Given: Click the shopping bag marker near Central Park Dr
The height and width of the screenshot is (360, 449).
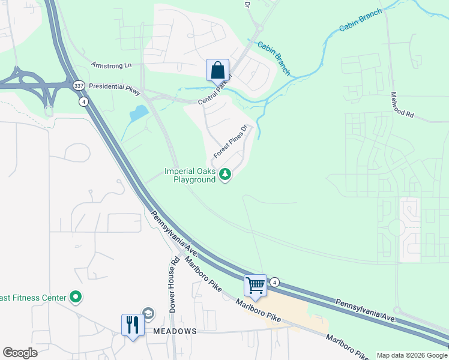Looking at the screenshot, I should pyautogui.click(x=217, y=70).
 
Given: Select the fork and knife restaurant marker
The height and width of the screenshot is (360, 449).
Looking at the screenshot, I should pyautogui.click(x=132, y=325).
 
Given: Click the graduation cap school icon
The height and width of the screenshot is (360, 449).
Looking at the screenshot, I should pyautogui.click(x=148, y=314).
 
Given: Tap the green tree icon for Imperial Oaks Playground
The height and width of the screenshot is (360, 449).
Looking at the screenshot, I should pyautogui.click(x=225, y=175).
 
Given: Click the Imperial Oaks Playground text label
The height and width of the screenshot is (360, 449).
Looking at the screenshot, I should pyautogui.click(x=190, y=175).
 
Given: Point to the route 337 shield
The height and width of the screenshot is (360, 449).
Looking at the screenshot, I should pyautogui.click(x=79, y=86).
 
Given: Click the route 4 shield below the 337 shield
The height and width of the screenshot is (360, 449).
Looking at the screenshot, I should pyautogui.click(x=82, y=101).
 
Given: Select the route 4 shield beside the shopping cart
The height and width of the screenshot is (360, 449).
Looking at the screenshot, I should pyautogui.click(x=275, y=282).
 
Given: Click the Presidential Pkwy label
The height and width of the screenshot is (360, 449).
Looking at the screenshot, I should pyautogui.click(x=114, y=86).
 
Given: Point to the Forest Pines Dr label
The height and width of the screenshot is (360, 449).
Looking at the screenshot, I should pyautogui.click(x=231, y=142).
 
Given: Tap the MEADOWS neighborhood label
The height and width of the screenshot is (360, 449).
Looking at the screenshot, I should pyautogui.click(x=174, y=331).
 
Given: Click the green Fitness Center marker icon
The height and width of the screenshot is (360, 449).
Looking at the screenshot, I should pyautogui.click(x=76, y=297).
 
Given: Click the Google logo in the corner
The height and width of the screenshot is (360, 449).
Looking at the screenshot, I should pyautogui.click(x=20, y=352).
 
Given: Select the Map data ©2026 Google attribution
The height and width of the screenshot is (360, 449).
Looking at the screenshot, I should pyautogui.click(x=412, y=355).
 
